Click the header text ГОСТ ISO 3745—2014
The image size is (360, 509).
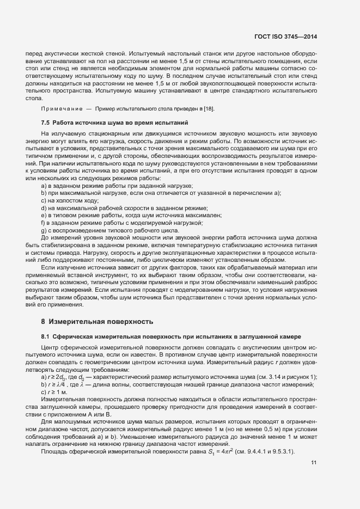pos(285,36)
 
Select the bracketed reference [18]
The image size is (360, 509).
pos(209,109)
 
